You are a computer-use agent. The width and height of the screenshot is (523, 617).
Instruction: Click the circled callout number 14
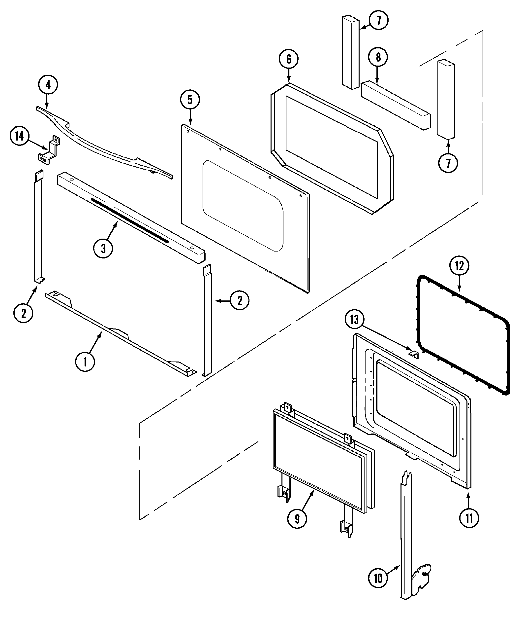pos(19,137)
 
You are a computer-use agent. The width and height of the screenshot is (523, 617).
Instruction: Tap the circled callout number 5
pos(190,100)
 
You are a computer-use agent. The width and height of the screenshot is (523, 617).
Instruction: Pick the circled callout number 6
pos(288,59)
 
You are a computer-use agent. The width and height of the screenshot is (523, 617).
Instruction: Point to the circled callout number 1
pos(85,362)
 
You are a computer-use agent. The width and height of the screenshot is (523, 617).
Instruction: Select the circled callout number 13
pos(355,320)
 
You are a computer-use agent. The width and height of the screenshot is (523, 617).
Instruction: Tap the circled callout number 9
pos(297,518)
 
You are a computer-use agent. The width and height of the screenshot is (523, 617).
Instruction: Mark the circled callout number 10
pos(378,578)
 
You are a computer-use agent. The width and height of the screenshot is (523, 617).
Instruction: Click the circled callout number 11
pos(469,518)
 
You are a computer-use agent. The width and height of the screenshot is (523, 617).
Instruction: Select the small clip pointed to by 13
pos(414,354)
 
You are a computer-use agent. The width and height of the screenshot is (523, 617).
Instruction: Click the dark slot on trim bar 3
pos(129,220)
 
